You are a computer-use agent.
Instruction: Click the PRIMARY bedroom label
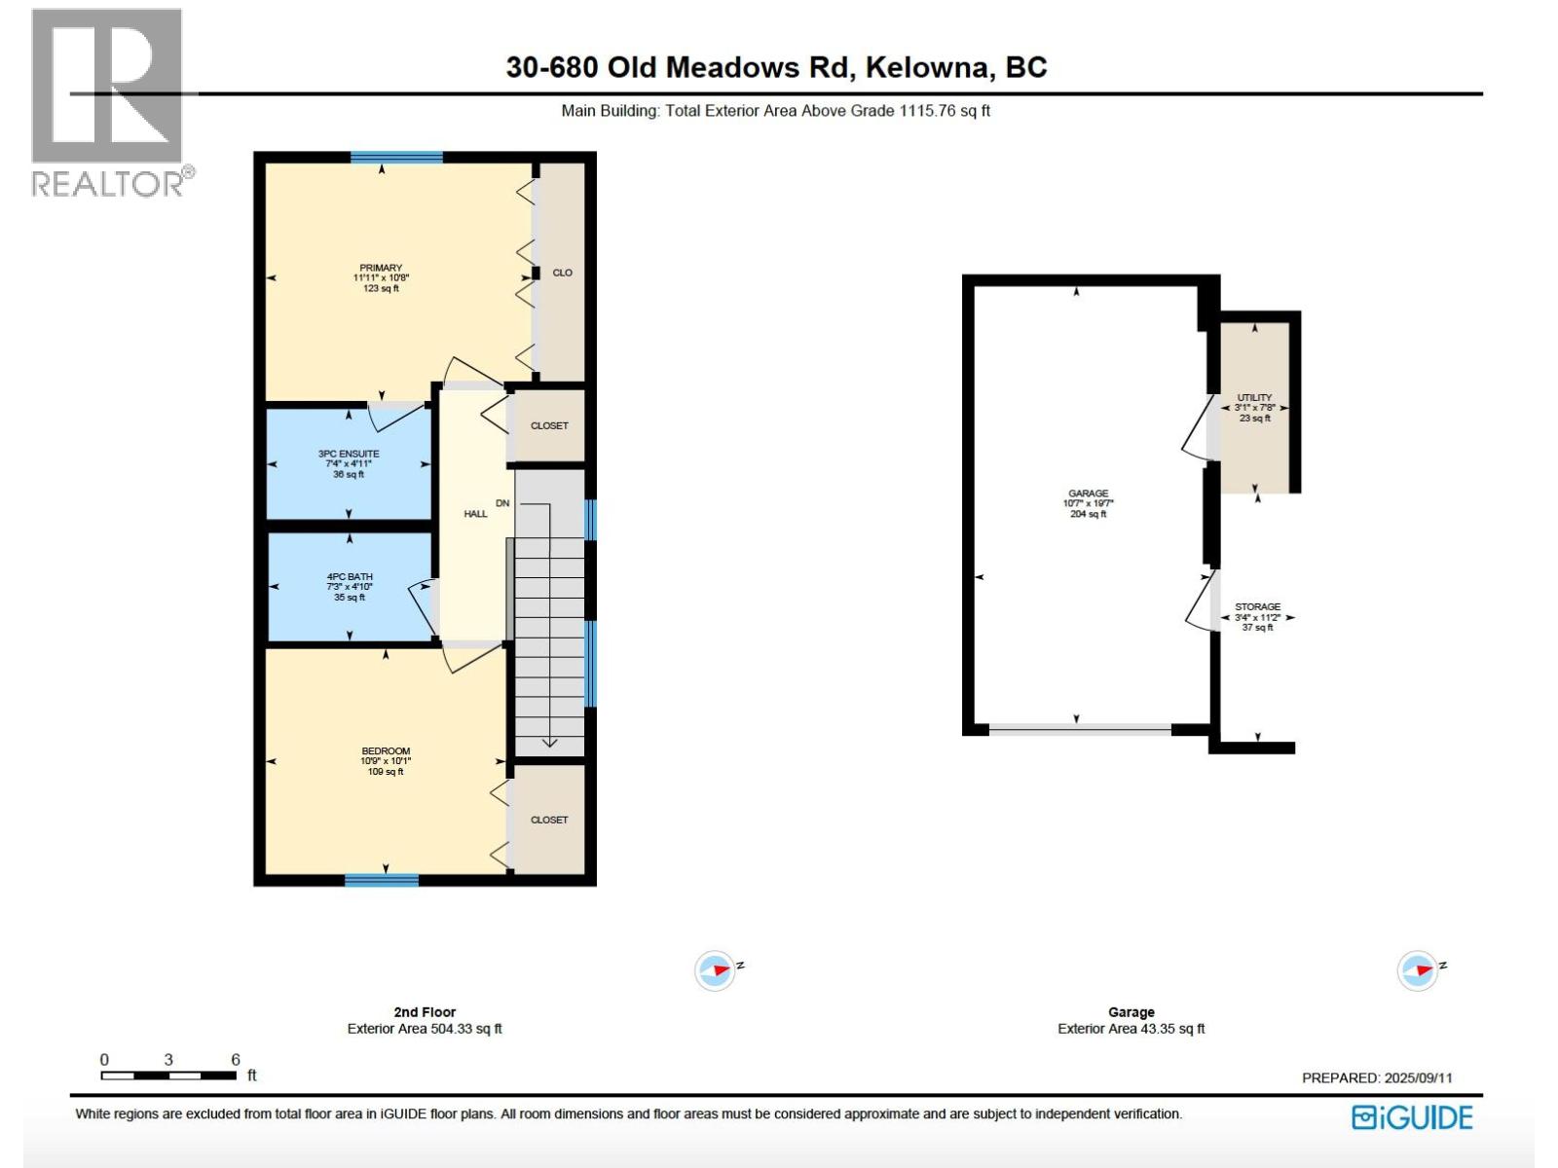(381, 277)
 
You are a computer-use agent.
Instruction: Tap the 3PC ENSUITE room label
(349, 463)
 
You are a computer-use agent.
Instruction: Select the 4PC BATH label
(350, 587)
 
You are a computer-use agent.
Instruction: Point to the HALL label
(475, 514)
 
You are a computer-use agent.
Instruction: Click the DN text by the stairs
(502, 503)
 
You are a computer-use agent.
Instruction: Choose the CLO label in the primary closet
(562, 273)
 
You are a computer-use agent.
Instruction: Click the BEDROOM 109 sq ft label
(386, 760)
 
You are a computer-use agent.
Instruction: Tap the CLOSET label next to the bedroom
(549, 820)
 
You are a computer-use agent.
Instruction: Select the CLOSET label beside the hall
(549, 425)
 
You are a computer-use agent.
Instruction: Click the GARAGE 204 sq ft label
(1088, 503)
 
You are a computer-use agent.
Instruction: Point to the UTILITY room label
(1254, 407)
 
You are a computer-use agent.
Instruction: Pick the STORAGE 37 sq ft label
(1257, 616)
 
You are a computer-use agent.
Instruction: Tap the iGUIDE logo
(1412, 1117)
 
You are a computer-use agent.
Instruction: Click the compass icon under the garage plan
(1417, 970)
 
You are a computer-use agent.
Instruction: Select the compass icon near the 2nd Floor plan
(715, 970)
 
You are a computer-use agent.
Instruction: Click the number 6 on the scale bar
(236, 1060)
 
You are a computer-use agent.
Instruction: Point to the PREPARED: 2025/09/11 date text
(1377, 1077)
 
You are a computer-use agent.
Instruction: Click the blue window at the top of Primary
(396, 157)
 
